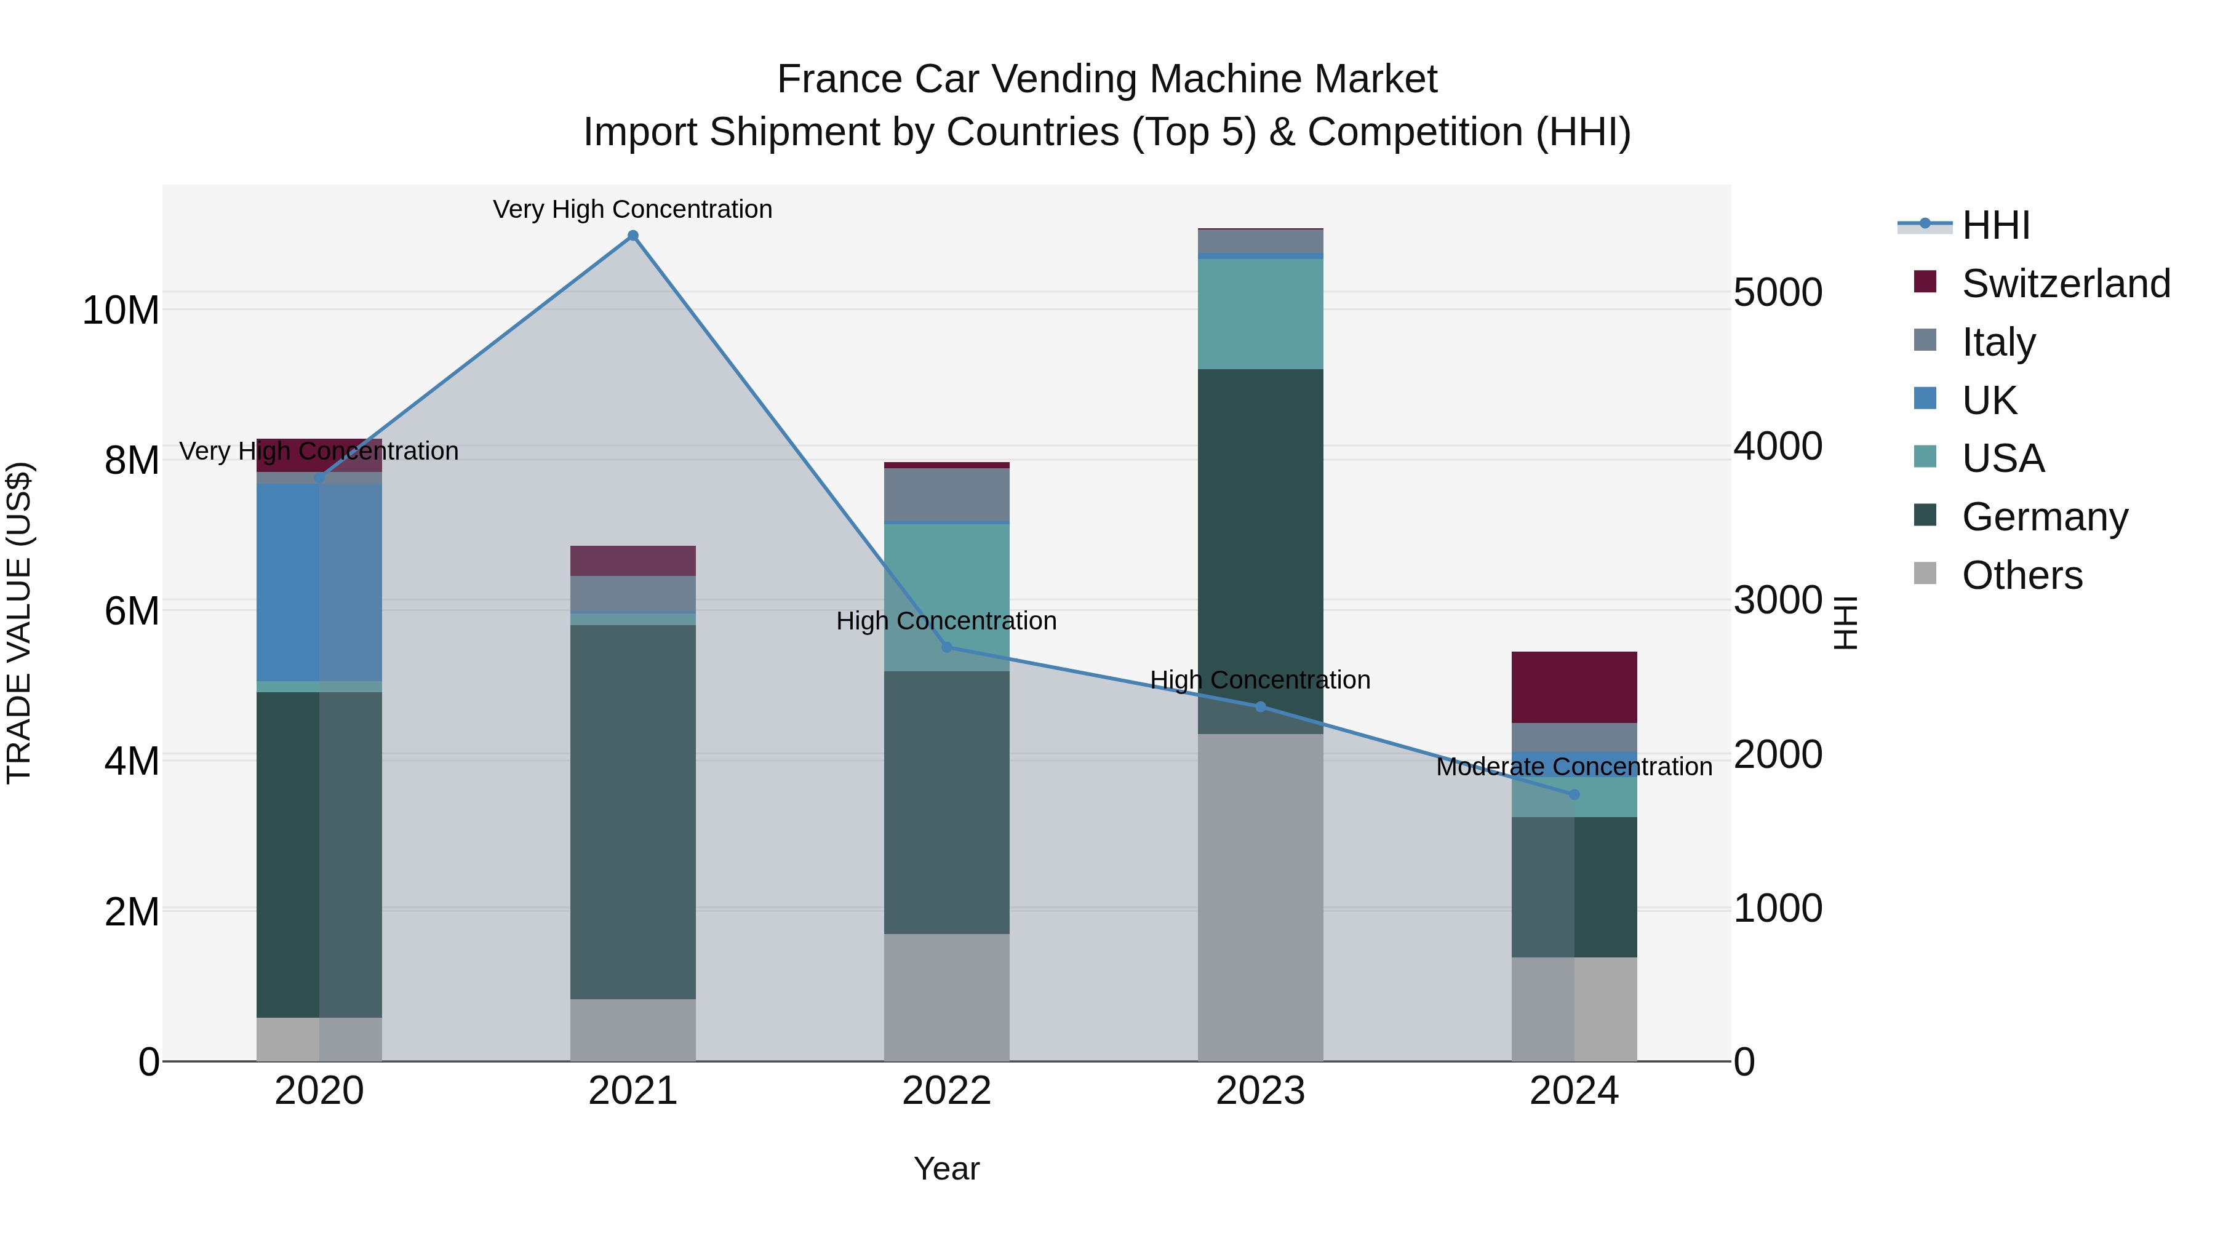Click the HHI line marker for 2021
pyautogui.click(x=633, y=236)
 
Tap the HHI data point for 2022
pyautogui.click(x=947, y=647)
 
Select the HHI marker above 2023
pyautogui.click(x=1261, y=707)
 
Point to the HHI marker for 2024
pyautogui.click(x=1574, y=794)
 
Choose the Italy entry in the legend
pyautogui.click(x=1998, y=341)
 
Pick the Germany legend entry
pyautogui.click(x=2045, y=517)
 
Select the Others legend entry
pyautogui.click(x=2022, y=575)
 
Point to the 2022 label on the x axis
pyautogui.click(x=947, y=1091)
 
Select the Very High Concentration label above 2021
pyautogui.click(x=633, y=209)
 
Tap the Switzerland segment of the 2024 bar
pyautogui.click(x=1574, y=687)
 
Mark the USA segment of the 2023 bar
pyautogui.click(x=1261, y=314)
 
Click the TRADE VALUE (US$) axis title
pyautogui.click(x=19, y=623)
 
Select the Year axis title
pyautogui.click(x=947, y=1168)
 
